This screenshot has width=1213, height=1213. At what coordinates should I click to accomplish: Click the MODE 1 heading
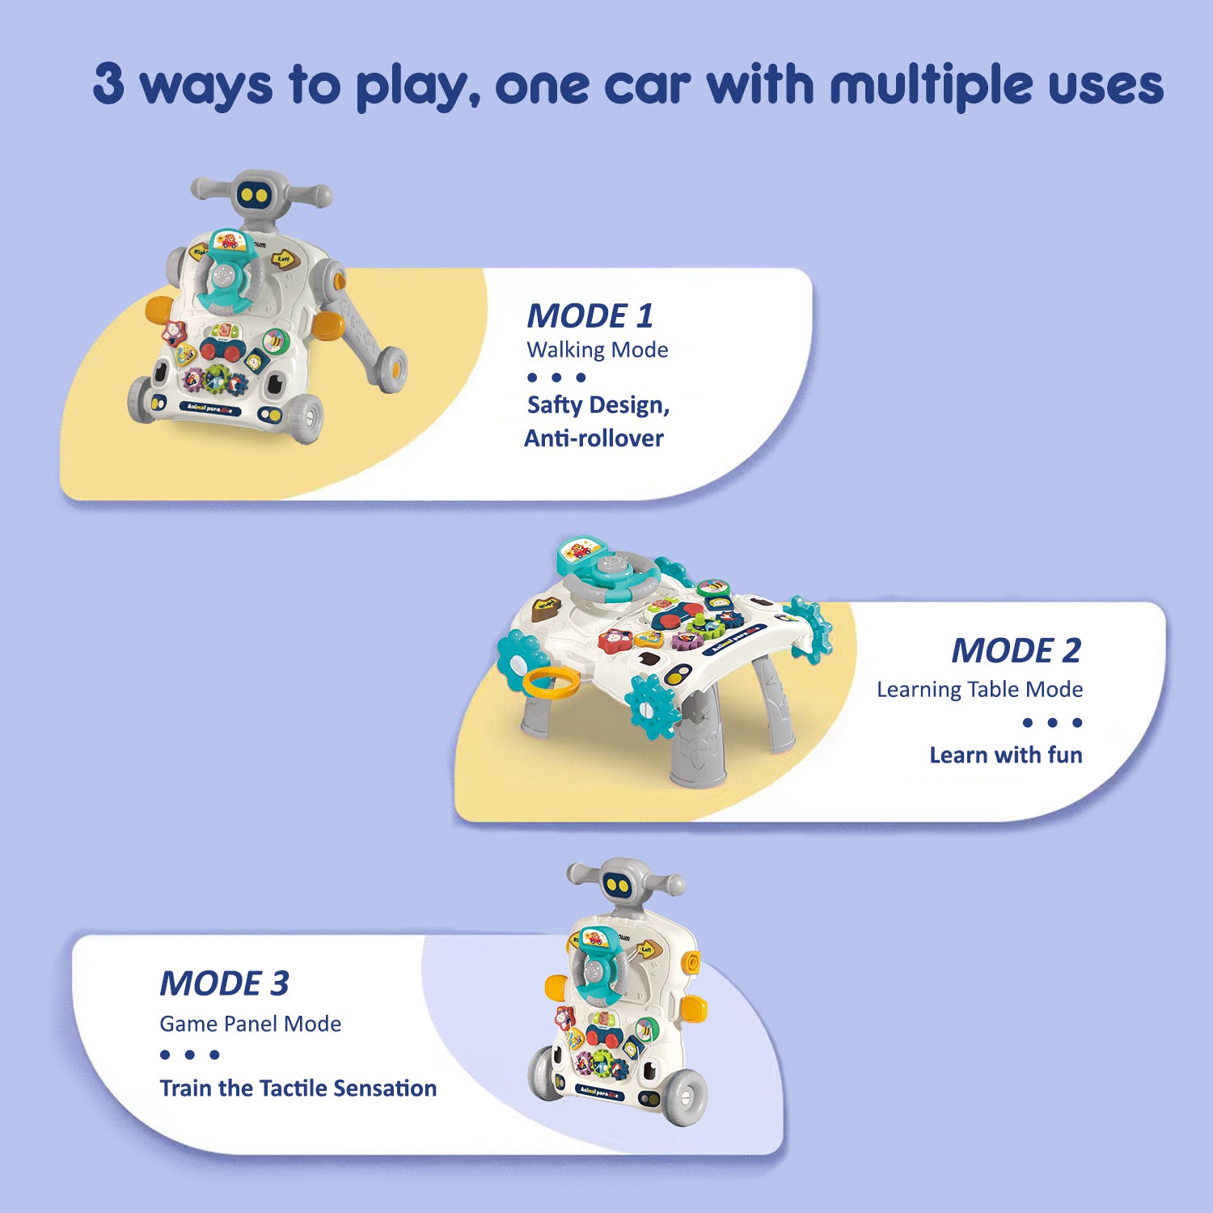coord(590,315)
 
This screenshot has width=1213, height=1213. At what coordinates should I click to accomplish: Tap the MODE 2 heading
coord(1016,650)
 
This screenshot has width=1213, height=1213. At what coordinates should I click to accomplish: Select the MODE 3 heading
coord(224,983)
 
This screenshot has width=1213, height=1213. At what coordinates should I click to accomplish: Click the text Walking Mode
coord(597,350)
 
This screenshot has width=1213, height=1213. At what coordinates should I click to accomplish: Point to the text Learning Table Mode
coord(979,689)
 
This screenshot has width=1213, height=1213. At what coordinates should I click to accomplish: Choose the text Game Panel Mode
coord(250,1024)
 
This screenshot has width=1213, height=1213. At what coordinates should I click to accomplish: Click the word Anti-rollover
coord(594,438)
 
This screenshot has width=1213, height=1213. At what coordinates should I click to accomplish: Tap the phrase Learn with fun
coord(1005,755)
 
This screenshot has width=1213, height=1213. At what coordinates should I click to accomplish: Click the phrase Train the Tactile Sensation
coord(298,1088)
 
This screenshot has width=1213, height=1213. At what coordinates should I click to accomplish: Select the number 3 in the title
coord(108,83)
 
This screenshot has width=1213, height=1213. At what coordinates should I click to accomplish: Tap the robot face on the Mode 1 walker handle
coord(256,195)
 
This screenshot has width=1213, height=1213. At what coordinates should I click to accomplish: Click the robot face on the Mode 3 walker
coord(620,885)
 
